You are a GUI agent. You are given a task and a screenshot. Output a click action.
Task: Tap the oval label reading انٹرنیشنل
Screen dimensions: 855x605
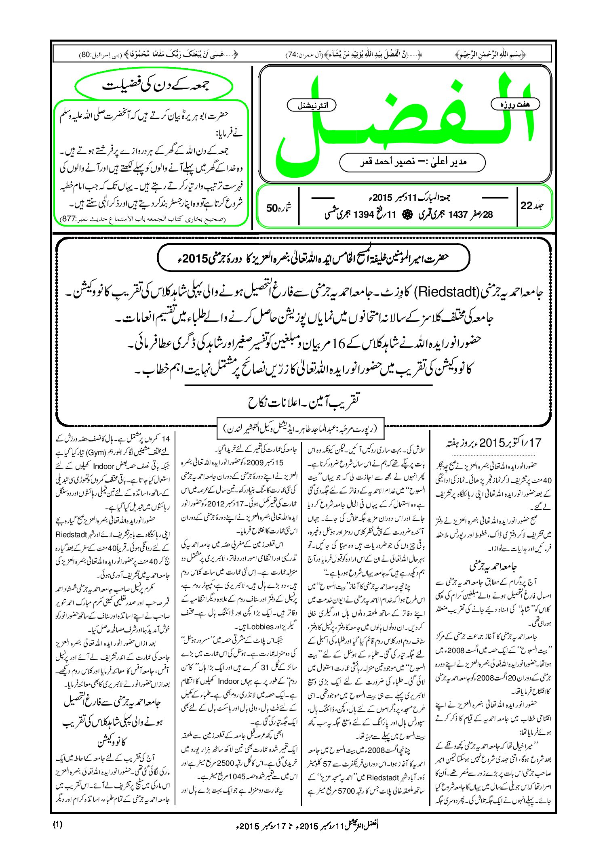pos(311,105)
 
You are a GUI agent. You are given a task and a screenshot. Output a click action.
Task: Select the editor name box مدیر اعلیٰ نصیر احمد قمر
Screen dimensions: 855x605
pos(412,162)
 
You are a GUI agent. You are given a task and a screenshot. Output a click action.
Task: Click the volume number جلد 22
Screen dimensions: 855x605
pos(531,206)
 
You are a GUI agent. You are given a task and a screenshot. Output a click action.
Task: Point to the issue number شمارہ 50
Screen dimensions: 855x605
pos(278,208)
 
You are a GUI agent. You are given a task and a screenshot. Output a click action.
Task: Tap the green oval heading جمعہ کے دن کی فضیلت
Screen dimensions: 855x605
pos(154,86)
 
